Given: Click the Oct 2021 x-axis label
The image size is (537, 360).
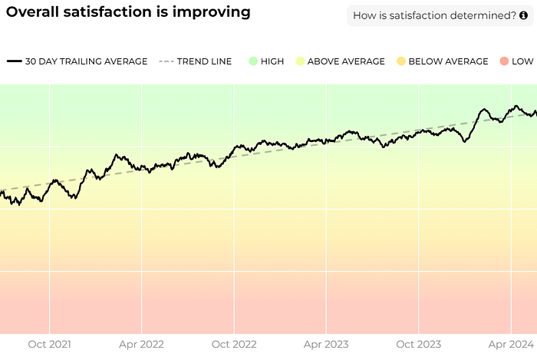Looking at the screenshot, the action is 49,344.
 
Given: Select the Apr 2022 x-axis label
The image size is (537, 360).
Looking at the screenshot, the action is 141,345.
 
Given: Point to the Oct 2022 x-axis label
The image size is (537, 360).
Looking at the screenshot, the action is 234,344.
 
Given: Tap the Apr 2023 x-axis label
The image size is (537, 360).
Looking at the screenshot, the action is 326,345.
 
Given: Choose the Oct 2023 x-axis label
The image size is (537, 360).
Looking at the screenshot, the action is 419,344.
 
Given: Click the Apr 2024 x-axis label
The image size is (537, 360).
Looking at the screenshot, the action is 512,345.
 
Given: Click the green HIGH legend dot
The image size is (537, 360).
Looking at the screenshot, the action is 253,61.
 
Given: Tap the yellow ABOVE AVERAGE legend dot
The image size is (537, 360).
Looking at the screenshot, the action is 300,61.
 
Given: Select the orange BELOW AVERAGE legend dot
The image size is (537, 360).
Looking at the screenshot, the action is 401,61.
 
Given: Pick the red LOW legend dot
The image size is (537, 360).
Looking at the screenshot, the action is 504,61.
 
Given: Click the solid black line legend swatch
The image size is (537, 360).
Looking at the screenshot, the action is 15,61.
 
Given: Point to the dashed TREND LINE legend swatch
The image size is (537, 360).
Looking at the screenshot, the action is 166,61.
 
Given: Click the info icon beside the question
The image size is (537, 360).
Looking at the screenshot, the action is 523,15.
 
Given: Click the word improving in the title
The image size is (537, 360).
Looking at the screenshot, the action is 211,12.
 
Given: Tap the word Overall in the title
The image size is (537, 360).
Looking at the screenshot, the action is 32,12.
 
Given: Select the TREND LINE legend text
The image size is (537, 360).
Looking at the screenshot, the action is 205,61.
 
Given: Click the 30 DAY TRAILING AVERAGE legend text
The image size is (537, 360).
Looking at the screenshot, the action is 86,61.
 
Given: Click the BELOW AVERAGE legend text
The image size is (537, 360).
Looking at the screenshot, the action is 448,61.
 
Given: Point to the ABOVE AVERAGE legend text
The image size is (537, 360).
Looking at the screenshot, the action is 346,61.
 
